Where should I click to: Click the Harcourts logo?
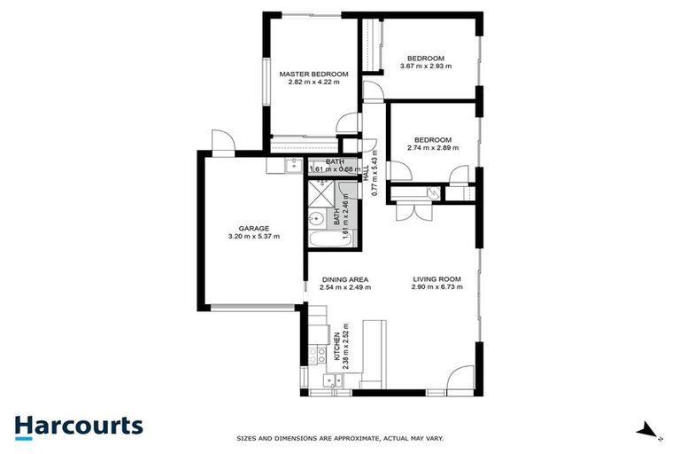[78, 426]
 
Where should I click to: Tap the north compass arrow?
[649, 433]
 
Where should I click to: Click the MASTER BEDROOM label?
[313, 74]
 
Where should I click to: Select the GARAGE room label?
[253, 228]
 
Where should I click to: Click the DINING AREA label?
[345, 279]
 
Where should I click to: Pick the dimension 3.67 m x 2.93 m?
[426, 66]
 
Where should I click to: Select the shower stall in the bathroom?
[318, 191]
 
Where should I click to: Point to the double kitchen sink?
[333, 381]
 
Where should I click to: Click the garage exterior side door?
[221, 141]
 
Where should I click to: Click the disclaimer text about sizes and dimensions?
[339, 438]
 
